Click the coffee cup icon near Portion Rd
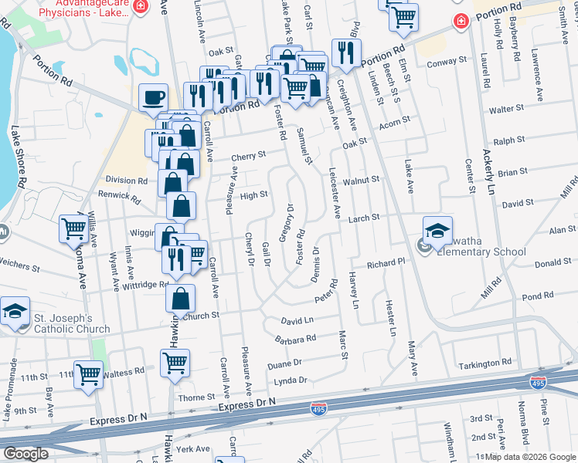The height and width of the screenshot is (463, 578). tap(153, 98)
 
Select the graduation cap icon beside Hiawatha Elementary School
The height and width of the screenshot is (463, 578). tap(438, 231)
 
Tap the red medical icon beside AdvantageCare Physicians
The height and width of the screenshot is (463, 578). tap(140, 7)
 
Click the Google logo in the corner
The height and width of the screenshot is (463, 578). tap(25, 454)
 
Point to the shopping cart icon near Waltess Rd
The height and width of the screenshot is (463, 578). tap(88, 374)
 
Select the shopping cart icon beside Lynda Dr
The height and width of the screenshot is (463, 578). tap(175, 361)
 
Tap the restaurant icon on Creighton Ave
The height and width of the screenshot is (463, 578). tap(342, 53)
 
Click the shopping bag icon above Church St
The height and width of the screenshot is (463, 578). tap(179, 296)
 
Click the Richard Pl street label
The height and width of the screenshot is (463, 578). tap(386, 264)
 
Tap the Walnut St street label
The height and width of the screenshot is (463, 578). tap(361, 180)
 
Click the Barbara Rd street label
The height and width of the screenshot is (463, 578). tap(295, 339)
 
